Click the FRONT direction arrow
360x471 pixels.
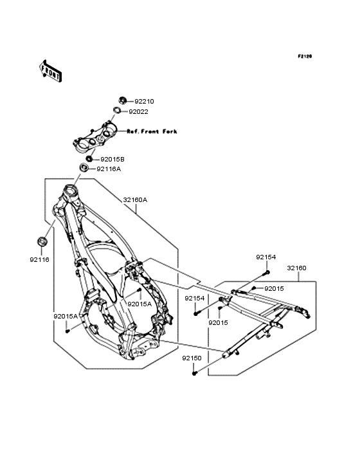click(x=50, y=71)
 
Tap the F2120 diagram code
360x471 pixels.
click(x=305, y=56)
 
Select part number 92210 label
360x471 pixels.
click(x=144, y=102)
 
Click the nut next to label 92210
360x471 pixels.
click(x=122, y=100)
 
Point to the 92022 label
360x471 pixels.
click(x=139, y=112)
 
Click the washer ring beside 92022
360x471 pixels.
click(x=117, y=110)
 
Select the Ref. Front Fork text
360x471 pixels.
click(x=152, y=131)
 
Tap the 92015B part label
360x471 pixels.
click(x=113, y=160)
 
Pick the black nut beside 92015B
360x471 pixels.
click(x=89, y=158)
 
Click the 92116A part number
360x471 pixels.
click(x=109, y=169)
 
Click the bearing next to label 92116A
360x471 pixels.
click(x=84, y=167)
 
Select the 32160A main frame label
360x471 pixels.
click(x=135, y=199)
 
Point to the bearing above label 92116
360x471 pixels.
click(x=42, y=241)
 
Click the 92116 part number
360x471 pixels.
click(x=39, y=259)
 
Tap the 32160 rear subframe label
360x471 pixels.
click(x=297, y=268)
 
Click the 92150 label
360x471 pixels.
click(x=192, y=358)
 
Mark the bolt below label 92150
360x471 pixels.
click(x=195, y=373)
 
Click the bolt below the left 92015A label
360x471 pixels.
click(x=67, y=331)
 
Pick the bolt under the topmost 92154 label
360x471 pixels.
click(x=267, y=272)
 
